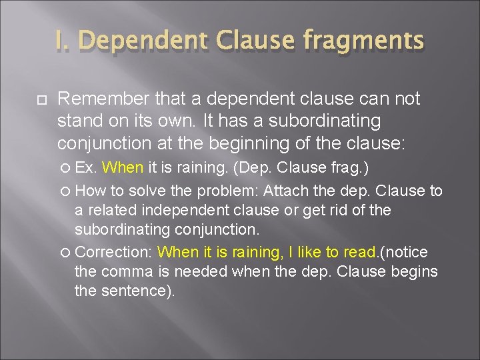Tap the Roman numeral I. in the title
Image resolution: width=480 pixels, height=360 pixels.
tap(65, 41)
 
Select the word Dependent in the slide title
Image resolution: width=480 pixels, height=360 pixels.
tap(143, 41)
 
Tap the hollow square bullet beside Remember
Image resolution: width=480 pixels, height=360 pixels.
tap(41, 99)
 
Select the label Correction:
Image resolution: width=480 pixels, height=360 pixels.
tap(115, 252)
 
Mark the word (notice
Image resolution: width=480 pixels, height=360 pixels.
tap(404, 252)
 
